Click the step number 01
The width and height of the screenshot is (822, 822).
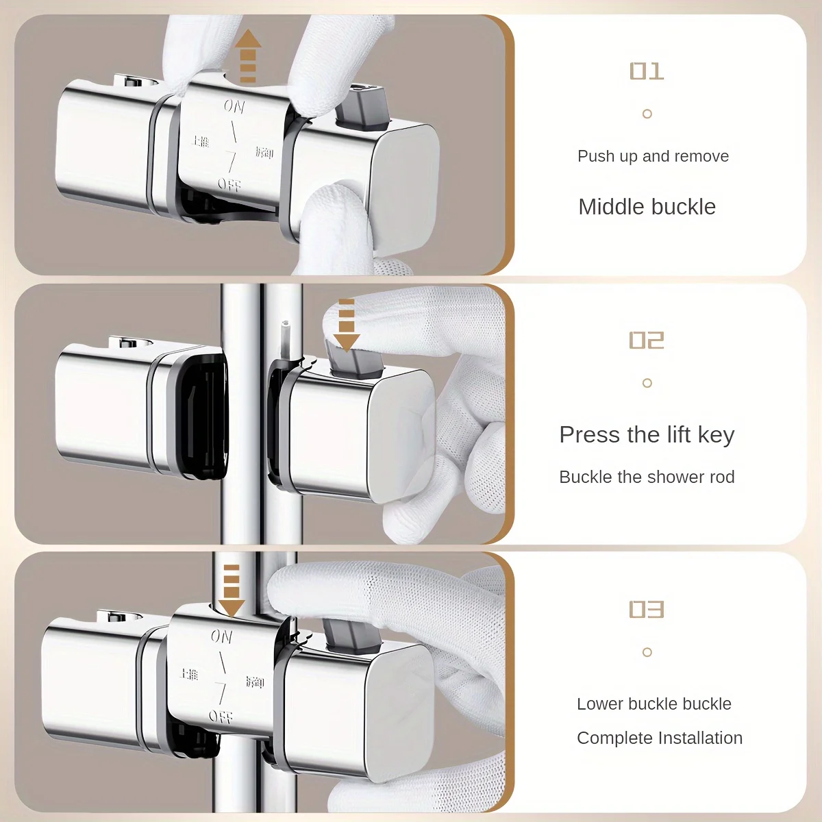(647, 71)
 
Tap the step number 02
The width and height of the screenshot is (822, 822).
(647, 340)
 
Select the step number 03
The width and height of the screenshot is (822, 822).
(647, 609)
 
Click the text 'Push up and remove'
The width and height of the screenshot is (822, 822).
(653, 156)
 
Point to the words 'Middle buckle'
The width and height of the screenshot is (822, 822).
(647, 207)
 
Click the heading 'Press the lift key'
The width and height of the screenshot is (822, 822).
(647, 435)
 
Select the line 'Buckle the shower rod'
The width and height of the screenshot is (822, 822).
(647, 477)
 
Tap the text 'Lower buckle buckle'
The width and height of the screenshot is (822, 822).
(653, 703)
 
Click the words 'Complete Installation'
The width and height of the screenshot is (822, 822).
(659, 738)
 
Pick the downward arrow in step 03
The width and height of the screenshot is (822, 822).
(232, 590)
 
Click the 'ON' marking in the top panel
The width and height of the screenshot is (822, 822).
(234, 106)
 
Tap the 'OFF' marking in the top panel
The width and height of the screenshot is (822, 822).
(229, 184)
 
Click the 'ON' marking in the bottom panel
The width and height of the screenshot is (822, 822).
(222, 636)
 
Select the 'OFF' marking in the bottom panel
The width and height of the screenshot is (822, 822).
(220, 717)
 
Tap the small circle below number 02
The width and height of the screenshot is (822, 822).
(647, 383)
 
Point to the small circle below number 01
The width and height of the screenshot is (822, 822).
(647, 114)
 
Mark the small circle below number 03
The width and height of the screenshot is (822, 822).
(647, 652)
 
